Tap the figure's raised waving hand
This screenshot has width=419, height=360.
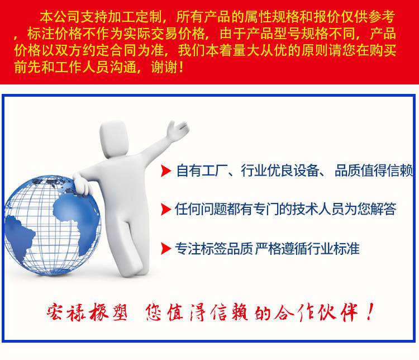177,130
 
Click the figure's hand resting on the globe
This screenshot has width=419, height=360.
82,184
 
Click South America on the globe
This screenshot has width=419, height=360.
18,235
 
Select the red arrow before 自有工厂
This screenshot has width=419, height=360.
166,171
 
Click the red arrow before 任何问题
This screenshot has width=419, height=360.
166,209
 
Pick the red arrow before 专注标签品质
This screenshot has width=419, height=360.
166,248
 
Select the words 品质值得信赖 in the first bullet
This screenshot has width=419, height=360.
374,170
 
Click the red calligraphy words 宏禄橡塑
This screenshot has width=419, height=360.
87,312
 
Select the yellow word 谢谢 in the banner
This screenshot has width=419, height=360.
164,67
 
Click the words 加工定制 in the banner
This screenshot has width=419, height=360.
135,17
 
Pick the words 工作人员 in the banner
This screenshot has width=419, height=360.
82,67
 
